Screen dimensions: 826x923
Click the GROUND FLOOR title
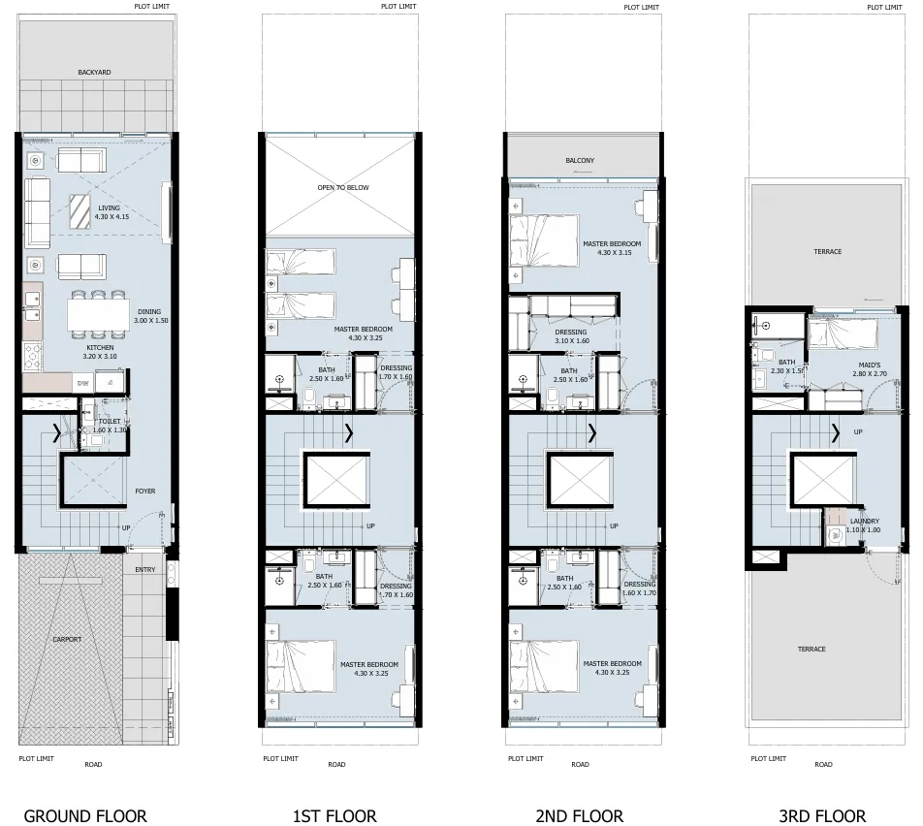(x=85, y=815)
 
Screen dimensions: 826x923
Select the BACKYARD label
(x=95, y=72)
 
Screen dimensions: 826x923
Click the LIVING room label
(x=109, y=207)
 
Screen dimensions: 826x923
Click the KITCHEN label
(x=100, y=347)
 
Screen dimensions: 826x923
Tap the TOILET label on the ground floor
(x=110, y=421)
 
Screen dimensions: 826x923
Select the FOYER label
(x=145, y=491)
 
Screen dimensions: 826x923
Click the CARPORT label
(x=67, y=640)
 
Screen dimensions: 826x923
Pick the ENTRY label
(x=145, y=570)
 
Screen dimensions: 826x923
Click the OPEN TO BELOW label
(x=343, y=187)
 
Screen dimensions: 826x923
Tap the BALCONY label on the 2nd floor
(x=580, y=160)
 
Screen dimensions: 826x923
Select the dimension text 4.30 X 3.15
(x=611, y=253)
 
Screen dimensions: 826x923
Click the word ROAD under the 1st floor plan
(x=336, y=764)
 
